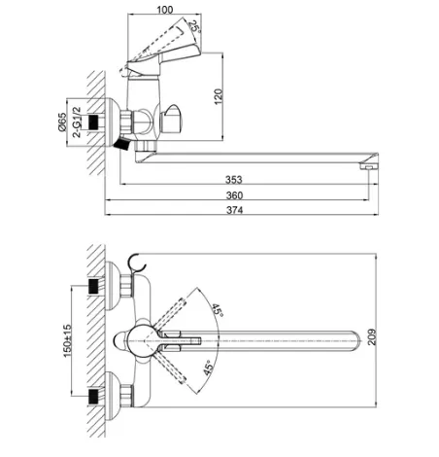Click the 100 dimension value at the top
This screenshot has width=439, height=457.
tap(165, 10)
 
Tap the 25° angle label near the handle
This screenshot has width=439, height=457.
tap(194, 27)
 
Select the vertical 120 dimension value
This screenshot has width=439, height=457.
tap(219, 96)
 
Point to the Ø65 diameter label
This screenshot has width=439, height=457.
tap(62, 122)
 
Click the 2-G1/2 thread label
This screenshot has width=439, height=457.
tap(77, 123)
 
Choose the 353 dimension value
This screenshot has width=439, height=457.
tap(234, 179)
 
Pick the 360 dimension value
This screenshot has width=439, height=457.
tap(234, 195)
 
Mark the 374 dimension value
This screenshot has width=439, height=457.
tap(234, 210)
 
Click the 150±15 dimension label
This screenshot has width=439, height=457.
tap(67, 340)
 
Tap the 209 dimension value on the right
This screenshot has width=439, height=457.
tap(372, 336)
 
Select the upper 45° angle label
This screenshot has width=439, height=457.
tap(218, 310)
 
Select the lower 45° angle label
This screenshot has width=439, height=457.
tap(209, 368)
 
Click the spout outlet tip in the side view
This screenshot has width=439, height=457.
tap(369, 166)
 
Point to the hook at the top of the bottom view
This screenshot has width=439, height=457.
tap(136, 263)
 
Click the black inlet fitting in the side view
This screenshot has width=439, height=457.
tap(93, 122)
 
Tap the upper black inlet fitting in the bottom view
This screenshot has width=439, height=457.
tap(93, 286)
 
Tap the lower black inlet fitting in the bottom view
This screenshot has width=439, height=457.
tap(93, 397)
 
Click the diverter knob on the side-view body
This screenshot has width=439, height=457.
tap(171, 120)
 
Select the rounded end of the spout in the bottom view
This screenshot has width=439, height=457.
tap(355, 341)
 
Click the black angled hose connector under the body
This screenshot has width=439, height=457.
tap(122, 144)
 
